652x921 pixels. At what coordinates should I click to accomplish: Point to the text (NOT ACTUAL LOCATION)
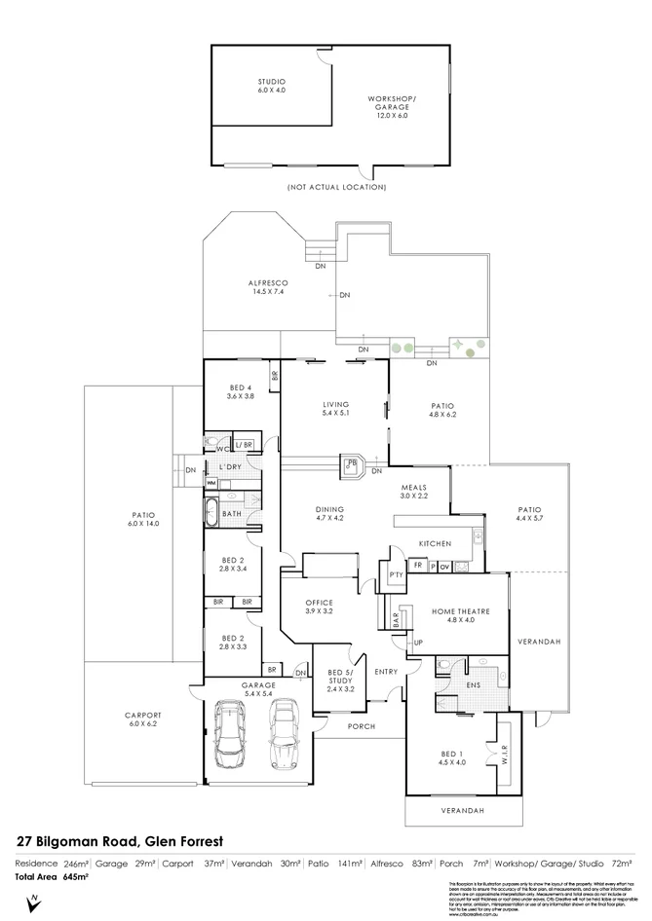pos(336,185)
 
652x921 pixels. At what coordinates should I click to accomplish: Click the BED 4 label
pos(240,392)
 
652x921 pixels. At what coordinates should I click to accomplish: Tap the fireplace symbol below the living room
pos(351,466)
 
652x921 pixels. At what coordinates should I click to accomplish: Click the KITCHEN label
pos(433,541)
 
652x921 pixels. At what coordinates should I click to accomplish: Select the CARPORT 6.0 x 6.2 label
pos(142,720)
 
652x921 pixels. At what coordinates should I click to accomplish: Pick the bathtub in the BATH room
pos(213,512)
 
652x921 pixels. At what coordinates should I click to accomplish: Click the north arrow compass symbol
pos(34,903)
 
